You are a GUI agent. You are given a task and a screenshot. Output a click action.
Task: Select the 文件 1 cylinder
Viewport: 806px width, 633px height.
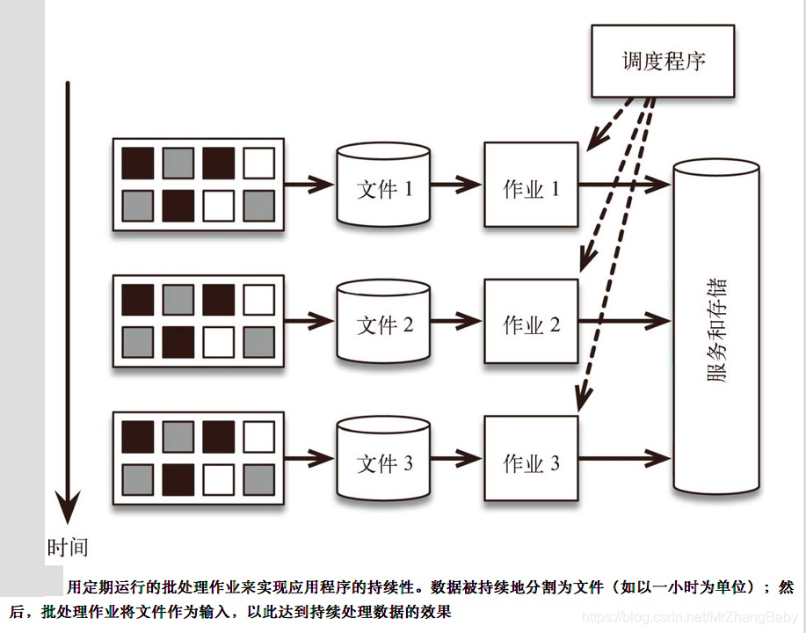point(383,186)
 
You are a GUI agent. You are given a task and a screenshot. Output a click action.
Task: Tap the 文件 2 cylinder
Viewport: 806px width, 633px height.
point(383,324)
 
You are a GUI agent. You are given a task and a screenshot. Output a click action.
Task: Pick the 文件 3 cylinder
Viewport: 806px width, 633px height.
point(383,462)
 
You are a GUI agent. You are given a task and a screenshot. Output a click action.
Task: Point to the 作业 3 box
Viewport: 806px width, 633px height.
point(531,462)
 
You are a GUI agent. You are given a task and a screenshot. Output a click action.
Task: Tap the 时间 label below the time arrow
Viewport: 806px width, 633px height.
point(68,547)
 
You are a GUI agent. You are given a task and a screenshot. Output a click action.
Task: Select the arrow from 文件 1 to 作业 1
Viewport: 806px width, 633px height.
point(457,186)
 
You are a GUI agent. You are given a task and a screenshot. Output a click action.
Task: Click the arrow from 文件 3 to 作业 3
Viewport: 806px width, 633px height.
point(457,459)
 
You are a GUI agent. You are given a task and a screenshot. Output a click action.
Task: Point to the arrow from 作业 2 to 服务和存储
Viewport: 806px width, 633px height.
point(624,322)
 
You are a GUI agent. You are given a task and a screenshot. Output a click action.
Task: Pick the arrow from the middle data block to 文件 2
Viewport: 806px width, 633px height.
point(309,322)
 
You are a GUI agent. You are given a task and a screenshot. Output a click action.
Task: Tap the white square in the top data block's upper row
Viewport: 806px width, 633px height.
point(258,163)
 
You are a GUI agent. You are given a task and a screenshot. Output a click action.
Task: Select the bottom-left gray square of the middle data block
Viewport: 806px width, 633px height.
point(137,342)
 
